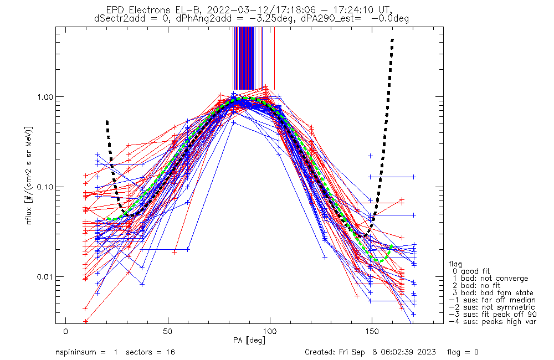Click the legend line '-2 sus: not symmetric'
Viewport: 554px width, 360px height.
point(492,307)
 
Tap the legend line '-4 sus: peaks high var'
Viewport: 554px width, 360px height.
point(493,322)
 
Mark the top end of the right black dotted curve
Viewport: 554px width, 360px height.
point(392,40)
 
